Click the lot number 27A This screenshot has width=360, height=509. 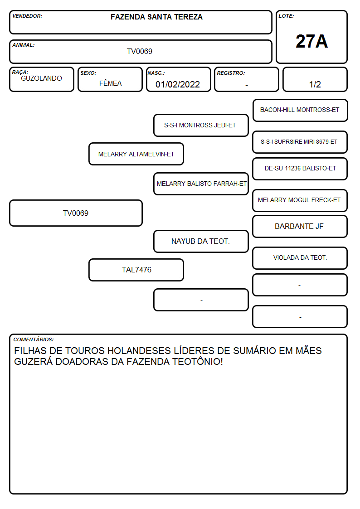311,41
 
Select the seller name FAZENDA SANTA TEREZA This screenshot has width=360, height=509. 156,17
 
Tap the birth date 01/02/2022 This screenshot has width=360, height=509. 178,84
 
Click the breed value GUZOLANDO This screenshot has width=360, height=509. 41,78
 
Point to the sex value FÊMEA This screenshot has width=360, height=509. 110,83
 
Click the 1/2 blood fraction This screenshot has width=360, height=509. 315,84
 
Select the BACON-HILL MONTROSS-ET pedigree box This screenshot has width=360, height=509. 300,111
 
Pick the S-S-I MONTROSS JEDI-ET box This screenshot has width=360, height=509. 201,125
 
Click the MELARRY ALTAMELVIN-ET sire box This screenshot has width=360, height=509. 136,154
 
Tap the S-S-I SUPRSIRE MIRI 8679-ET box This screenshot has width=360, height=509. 300,142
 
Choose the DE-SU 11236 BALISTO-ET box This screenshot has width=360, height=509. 300,169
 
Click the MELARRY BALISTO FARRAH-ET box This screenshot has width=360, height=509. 201,184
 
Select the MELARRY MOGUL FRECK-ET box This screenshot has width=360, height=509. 300,200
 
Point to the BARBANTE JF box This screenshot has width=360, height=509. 300,226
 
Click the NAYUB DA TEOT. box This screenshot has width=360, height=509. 201,241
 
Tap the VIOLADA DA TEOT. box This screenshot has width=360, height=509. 300,258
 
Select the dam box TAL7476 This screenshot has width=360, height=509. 136,270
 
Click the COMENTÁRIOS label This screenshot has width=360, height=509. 34,339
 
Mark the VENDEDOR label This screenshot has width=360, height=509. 27,16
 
